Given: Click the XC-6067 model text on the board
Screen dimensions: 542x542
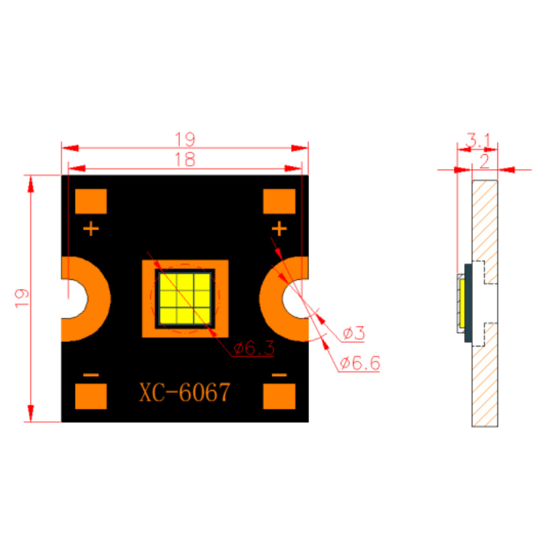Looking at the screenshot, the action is point(185,392).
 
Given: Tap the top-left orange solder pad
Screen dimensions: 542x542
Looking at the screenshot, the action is point(91,201).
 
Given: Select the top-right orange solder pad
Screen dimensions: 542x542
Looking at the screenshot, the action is point(279,201).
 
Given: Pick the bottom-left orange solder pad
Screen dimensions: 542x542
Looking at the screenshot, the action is point(91,396).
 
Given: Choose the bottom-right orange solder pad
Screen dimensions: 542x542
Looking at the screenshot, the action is point(279,396).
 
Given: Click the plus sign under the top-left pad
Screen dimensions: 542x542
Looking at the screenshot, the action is point(91,229).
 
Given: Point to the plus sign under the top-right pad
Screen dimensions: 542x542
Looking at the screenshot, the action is point(279,229).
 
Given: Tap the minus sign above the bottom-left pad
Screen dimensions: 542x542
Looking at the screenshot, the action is point(91,375).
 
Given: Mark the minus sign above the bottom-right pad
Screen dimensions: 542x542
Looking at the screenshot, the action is point(279,375).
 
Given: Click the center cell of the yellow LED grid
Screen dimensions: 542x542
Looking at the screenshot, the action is point(185,299).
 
